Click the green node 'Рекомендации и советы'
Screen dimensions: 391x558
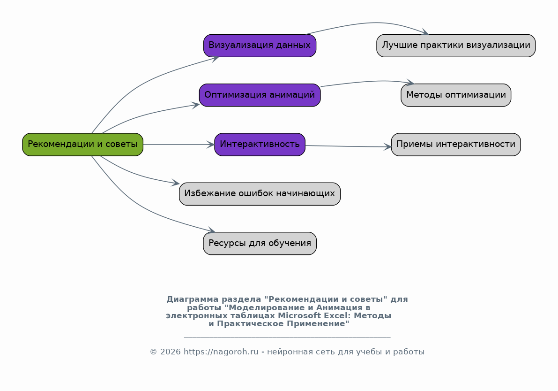[x=82, y=145]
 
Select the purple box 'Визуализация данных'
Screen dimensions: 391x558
[x=260, y=46]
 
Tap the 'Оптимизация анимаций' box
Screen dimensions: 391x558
[x=260, y=95]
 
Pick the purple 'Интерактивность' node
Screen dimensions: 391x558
[x=260, y=145]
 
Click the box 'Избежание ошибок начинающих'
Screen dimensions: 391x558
[x=260, y=194]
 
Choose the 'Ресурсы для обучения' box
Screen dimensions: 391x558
[x=260, y=244]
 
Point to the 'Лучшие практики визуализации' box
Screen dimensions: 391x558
[x=456, y=46]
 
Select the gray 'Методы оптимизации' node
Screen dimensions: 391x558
[x=456, y=95]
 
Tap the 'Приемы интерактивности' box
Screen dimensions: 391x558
[x=456, y=145]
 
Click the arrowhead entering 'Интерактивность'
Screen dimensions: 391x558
[x=211, y=145]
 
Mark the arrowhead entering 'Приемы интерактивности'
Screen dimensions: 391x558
[x=388, y=147]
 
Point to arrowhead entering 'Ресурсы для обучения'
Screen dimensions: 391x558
[x=211, y=231]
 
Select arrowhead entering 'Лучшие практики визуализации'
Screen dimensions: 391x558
[x=425, y=33]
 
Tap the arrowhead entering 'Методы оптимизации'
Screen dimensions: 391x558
[x=410, y=83]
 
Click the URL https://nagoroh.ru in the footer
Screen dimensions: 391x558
[x=221, y=352]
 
